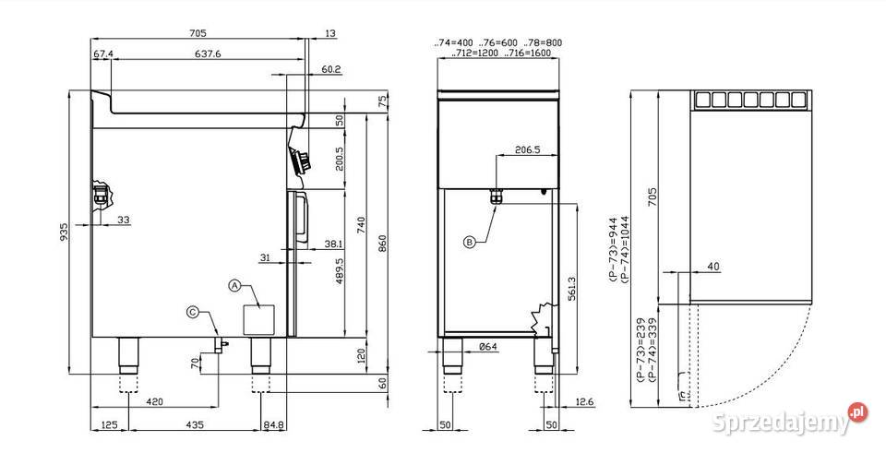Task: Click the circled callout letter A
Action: pyautogui.click(x=234, y=285)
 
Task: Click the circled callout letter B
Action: pyautogui.click(x=470, y=243)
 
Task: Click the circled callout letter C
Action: pyautogui.click(x=193, y=311)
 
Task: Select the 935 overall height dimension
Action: pyautogui.click(x=64, y=232)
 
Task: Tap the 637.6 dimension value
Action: pyautogui.click(x=208, y=54)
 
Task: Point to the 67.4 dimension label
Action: pyautogui.click(x=103, y=54)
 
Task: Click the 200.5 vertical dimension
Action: pyautogui.click(x=339, y=160)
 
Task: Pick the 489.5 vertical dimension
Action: pyautogui.click(x=339, y=271)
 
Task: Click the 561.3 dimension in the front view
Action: pyautogui.click(x=572, y=289)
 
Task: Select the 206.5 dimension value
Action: pyautogui.click(x=528, y=150)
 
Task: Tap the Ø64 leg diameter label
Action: pyautogui.click(x=487, y=347)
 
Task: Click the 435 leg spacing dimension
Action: pyautogui.click(x=195, y=424)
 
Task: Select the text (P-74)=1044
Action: pyautogui.click(x=624, y=248)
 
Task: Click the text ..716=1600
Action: pyautogui.click(x=528, y=54)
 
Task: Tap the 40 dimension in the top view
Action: pyautogui.click(x=713, y=268)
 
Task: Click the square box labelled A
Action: pyautogui.click(x=258, y=320)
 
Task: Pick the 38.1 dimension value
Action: pyautogui.click(x=333, y=244)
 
